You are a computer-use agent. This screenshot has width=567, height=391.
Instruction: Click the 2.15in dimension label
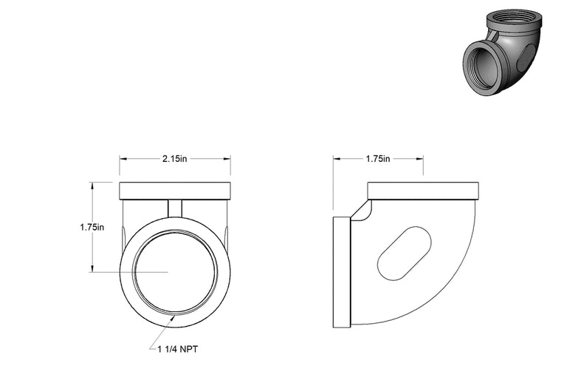click(175, 159)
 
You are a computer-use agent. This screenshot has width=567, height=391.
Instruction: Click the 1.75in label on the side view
click(378, 159)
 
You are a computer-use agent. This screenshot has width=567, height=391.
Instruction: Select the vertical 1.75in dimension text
click(92, 227)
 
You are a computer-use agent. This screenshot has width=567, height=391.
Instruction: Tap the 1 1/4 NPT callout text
click(178, 349)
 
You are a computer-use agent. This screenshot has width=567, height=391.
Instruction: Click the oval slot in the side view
click(405, 253)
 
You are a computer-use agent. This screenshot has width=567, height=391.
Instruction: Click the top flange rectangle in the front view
click(175, 191)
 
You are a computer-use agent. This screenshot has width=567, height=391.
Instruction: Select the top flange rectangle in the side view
click(423, 191)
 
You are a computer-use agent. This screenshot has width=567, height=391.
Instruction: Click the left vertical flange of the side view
click(342, 272)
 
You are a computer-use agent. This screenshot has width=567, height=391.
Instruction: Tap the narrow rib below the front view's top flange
click(175, 208)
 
